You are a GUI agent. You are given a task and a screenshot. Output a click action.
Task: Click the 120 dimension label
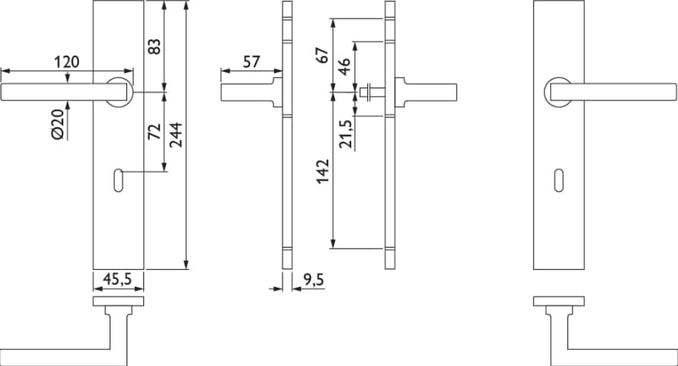point(67,62)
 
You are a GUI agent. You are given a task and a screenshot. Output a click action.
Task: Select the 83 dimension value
point(155,47)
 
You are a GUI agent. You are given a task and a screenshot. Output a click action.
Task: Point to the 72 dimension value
point(155,131)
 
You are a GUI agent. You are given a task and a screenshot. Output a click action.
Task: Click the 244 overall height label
point(176,135)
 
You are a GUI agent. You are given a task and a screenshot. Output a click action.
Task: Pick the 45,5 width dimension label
point(117,280)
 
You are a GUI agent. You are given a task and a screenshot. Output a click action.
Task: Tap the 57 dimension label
point(251,62)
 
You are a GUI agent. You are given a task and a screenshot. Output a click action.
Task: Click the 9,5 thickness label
point(313,280)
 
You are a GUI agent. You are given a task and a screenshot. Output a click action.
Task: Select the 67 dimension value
point(323,56)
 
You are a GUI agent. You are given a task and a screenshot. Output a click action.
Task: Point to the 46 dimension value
point(344,66)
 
